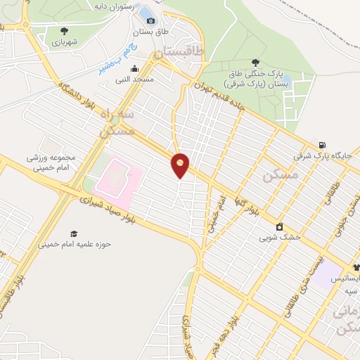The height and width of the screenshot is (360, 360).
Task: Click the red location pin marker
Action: pos(181,165)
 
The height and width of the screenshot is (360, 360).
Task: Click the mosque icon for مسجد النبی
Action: pos(134,69)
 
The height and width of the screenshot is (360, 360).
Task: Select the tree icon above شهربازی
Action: pos(65,30)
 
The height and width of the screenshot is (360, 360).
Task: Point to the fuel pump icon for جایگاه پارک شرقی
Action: pos(322,144)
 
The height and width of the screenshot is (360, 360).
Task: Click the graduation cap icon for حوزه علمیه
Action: pos(74,233)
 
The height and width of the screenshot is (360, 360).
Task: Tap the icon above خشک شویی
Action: pos(280,226)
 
